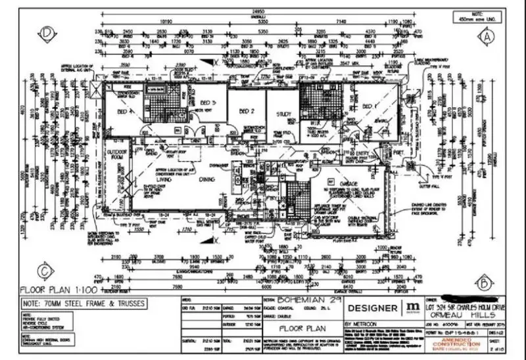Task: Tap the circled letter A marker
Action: [x=486, y=37]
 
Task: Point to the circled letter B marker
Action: [x=483, y=283]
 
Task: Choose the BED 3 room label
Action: [x=208, y=103]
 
